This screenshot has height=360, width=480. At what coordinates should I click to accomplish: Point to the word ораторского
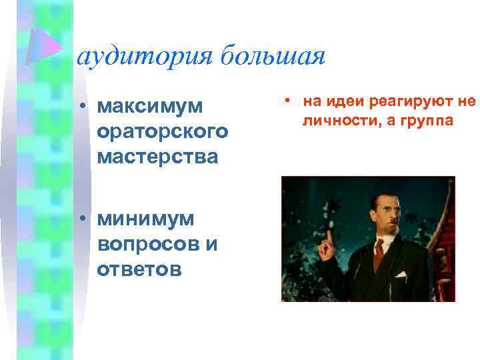pos(163,132)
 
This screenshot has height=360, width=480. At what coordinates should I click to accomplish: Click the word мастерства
pos(157,157)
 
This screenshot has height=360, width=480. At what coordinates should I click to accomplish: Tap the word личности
pos(331,121)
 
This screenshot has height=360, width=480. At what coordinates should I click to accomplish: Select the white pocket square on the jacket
pos(401,273)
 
